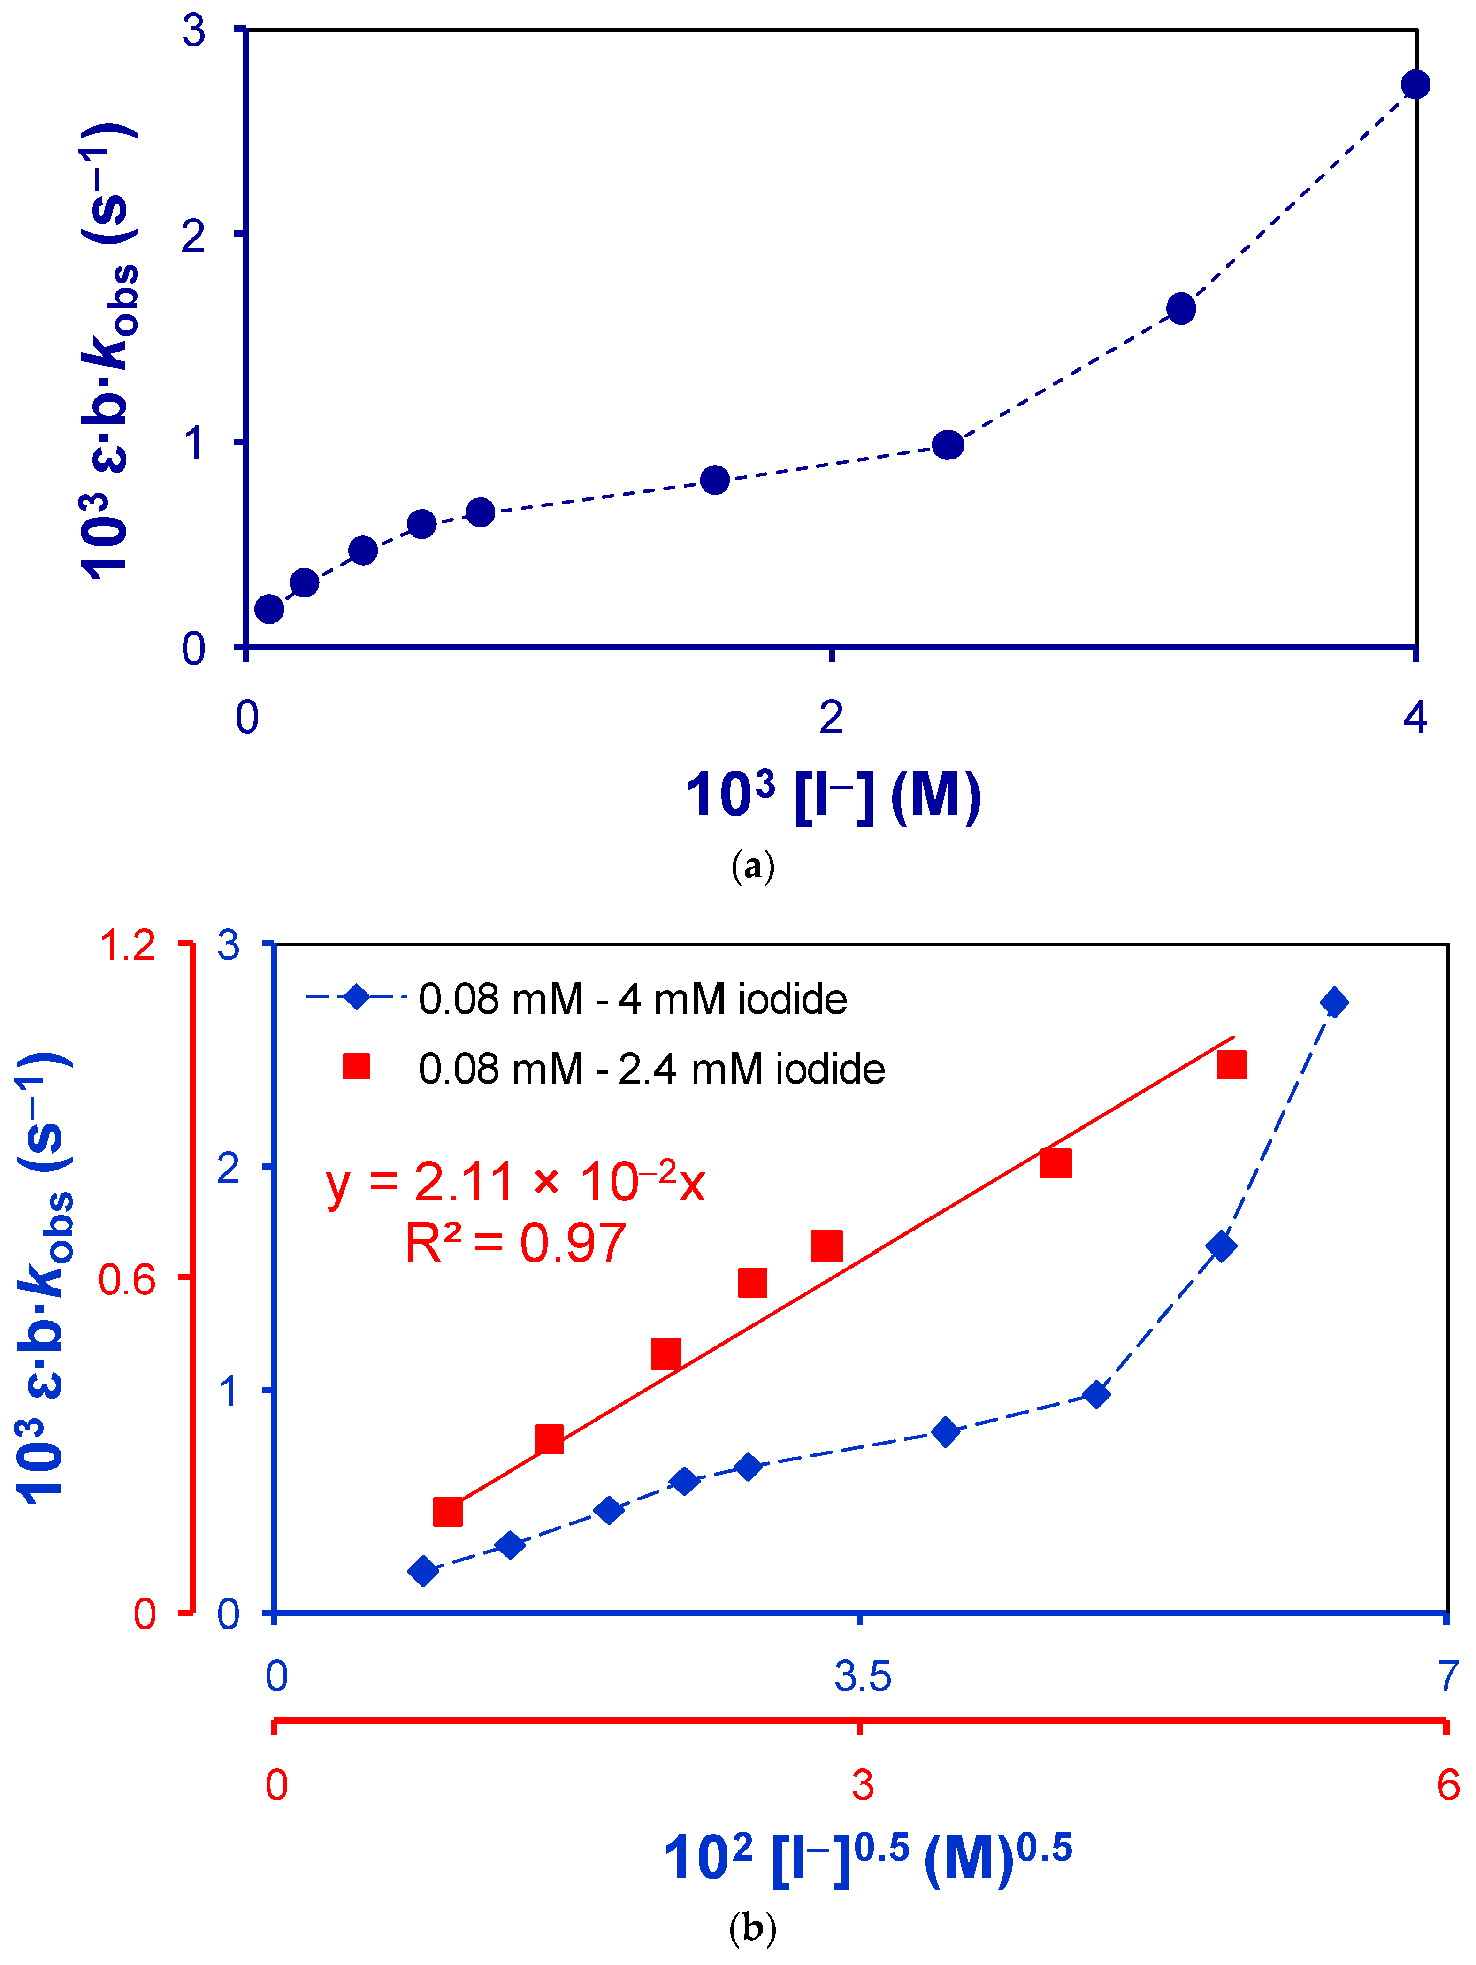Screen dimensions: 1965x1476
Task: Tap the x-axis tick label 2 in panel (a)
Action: (x=830, y=716)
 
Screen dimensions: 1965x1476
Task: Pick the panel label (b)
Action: (x=752, y=1928)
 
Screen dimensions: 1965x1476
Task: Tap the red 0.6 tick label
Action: (x=127, y=1279)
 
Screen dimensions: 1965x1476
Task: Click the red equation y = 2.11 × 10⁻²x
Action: (x=515, y=1182)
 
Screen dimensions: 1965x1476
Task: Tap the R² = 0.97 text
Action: (x=515, y=1243)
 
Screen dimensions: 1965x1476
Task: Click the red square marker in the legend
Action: (x=356, y=1066)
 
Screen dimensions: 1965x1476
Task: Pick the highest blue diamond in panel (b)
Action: (x=1333, y=1002)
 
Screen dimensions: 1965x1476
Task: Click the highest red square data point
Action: (x=1231, y=1064)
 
